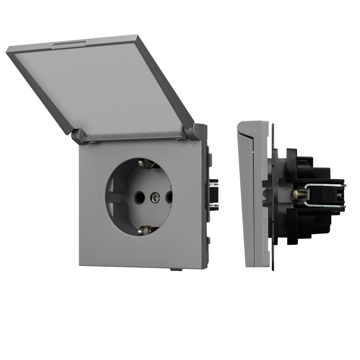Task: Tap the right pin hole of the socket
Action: point(169,197)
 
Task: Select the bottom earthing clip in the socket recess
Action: point(145,230)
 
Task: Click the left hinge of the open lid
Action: point(78,135)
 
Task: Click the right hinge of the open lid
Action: point(188,132)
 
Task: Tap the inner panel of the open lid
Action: point(103,90)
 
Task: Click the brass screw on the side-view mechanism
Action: point(298,195)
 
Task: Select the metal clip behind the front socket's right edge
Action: point(213,193)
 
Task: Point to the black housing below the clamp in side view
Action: point(310,223)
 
